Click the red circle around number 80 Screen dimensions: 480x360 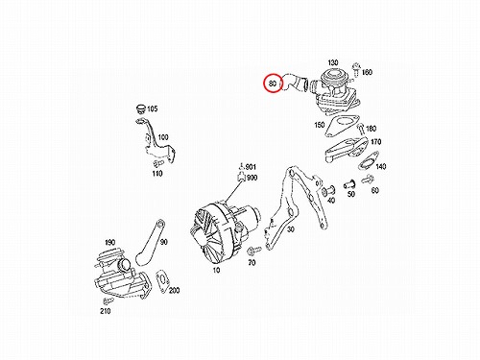coord(264,83)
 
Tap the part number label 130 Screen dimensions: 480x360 coord(333,62)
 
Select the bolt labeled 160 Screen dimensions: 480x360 coord(355,68)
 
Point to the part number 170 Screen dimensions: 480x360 coord(376,141)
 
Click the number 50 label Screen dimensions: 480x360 coord(351,194)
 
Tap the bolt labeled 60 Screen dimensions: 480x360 coord(368,180)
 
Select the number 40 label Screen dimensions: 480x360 coord(331,201)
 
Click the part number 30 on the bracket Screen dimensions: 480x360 coord(290,229)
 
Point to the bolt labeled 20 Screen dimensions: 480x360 coord(254,250)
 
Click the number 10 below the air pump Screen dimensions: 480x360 coord(216,270)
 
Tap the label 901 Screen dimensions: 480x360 coord(251,167)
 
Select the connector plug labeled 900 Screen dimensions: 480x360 coord(241,177)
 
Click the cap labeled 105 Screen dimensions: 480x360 coord(140,108)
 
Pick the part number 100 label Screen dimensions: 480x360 coord(163,137)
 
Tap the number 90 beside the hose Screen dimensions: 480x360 coord(164,242)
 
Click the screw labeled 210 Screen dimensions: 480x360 coord(108,300)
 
